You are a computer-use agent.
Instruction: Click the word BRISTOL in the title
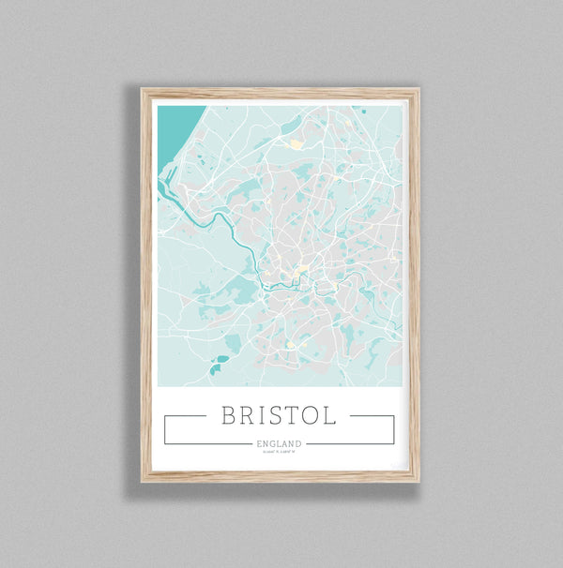click(278, 415)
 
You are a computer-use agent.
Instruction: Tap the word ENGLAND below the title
click(278, 443)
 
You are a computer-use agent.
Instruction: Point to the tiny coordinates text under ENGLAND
click(278, 453)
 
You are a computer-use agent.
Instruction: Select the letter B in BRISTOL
click(229, 415)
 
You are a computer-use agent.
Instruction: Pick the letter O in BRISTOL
click(310, 415)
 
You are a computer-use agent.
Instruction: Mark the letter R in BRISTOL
click(247, 415)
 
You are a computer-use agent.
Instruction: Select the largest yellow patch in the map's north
click(296, 144)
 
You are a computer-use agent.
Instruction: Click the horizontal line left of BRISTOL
click(186, 415)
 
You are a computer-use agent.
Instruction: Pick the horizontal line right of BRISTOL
click(371, 415)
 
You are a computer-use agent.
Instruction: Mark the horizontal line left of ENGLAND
click(207, 443)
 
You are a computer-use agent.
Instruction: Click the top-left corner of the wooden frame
click(144, 91)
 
